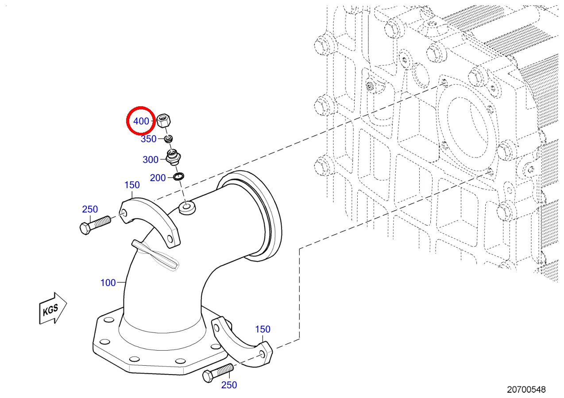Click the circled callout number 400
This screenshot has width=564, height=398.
click(x=141, y=121)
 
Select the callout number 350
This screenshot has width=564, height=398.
click(x=149, y=139)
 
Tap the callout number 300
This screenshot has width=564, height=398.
click(x=151, y=160)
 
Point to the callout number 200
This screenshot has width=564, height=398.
click(x=158, y=178)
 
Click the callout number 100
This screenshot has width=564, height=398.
click(x=108, y=283)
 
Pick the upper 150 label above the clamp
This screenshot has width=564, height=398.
click(x=132, y=185)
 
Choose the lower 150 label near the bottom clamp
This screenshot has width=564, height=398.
click(x=263, y=329)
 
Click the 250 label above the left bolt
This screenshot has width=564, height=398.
click(x=90, y=209)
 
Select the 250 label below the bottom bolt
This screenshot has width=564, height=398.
click(x=229, y=385)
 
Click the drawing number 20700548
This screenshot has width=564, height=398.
click(x=526, y=390)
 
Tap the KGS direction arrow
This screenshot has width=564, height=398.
click(x=53, y=309)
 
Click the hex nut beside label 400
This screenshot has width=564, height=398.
click(x=164, y=120)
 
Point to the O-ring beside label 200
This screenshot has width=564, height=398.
click(x=178, y=176)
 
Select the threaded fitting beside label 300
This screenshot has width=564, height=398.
click(x=173, y=157)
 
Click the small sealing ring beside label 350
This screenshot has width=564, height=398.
click(x=168, y=139)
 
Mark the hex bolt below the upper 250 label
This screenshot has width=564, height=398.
click(x=95, y=225)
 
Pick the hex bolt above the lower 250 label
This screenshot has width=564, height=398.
click(x=218, y=373)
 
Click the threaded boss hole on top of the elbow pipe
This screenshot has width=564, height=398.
click(x=187, y=208)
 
